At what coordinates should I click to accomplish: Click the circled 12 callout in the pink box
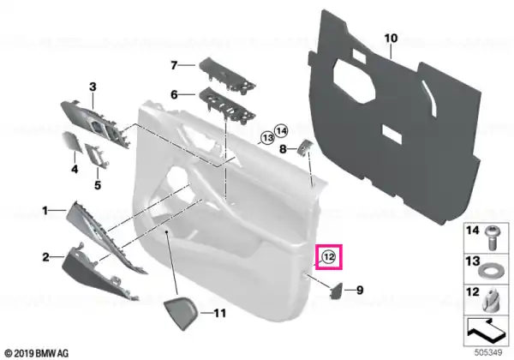coord(328,257)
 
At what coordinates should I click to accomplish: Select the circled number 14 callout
coord(281,131)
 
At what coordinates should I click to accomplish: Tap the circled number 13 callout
coord(268,138)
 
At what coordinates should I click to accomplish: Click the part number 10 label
coord(391,39)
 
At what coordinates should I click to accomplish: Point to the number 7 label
coord(174,66)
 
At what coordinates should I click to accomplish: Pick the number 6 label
coord(174,95)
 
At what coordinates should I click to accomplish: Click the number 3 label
coord(93,87)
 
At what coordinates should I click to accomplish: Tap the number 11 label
coord(219,313)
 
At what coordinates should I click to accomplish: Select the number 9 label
coord(360,291)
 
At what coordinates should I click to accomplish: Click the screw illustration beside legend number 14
coord(492,237)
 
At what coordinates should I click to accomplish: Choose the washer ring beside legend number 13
coord(489,272)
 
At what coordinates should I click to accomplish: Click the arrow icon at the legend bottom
coord(486,330)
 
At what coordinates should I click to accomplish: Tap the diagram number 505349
coord(488,353)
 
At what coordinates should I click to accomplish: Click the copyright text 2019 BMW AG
coord(37,353)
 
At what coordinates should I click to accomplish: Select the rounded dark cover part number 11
coord(181,314)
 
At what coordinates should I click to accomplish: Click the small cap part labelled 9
coord(337,291)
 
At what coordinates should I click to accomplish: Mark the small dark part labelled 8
coord(304,147)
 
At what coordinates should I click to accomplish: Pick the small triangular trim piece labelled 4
coord(73,141)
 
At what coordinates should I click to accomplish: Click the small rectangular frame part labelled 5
coord(97,155)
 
